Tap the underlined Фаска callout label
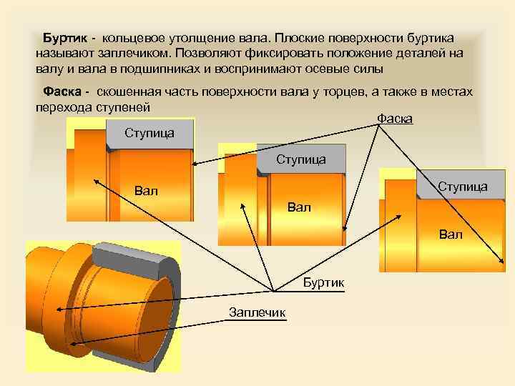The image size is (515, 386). pyautogui.click(x=394, y=118)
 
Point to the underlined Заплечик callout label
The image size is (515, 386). pyautogui.click(x=257, y=312)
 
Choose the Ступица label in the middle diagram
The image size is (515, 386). pyautogui.click(x=300, y=159)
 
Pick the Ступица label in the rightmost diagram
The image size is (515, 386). pyautogui.click(x=462, y=187)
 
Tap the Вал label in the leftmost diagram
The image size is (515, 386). pyautogui.click(x=146, y=191)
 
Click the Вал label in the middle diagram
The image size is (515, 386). pyautogui.click(x=299, y=207)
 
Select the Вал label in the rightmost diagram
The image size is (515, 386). pyautogui.click(x=451, y=234)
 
